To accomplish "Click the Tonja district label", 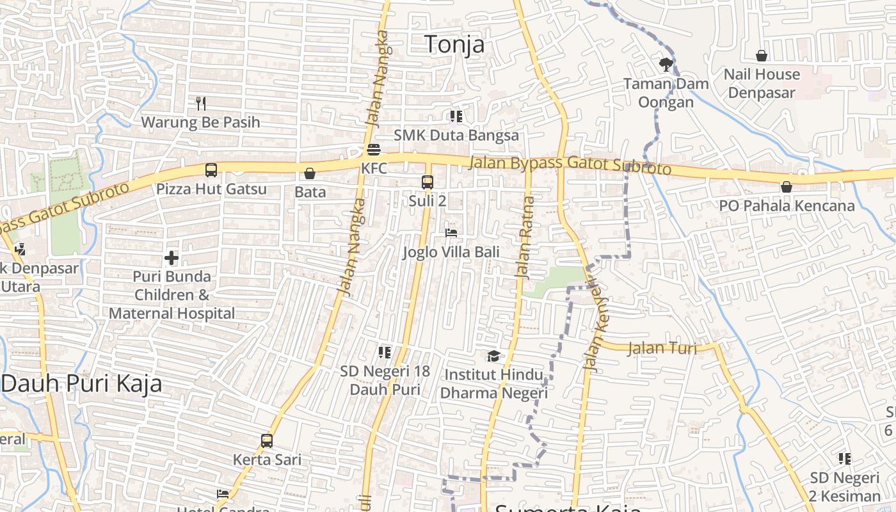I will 454,44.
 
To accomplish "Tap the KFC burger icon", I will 374,150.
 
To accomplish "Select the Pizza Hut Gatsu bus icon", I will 211,170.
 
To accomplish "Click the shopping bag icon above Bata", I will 310,173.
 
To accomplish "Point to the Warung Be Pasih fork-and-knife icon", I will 201,103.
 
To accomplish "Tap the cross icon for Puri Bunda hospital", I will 172,258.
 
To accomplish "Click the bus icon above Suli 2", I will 428,182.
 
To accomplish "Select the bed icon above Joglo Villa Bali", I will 451,233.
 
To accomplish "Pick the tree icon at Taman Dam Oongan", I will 666,64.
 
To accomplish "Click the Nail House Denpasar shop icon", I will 762,56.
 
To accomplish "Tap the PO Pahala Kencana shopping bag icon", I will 787,187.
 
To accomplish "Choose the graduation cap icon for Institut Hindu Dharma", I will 493,356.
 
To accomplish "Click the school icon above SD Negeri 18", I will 385,352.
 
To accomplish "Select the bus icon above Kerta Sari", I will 267,441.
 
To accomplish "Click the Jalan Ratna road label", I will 524,237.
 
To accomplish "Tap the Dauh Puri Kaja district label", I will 81,384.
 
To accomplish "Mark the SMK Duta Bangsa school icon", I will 456,116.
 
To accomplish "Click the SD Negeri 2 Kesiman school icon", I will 845,459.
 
